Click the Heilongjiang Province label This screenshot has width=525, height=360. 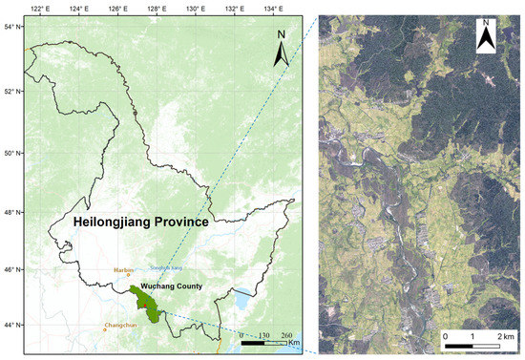coord(141,222)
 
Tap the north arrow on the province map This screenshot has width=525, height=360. coord(281,49)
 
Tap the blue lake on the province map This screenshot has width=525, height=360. coord(244,304)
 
